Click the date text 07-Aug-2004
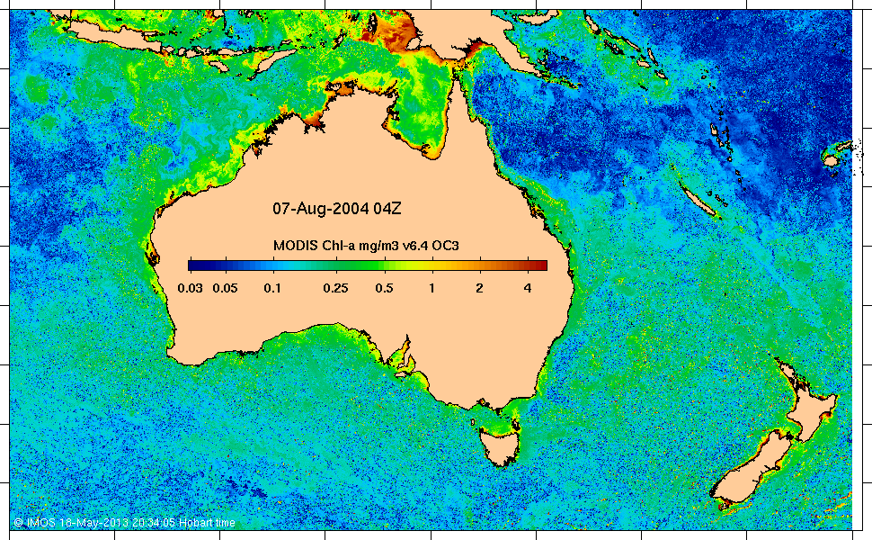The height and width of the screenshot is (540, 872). [316, 209]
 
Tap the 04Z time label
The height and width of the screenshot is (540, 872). [382, 209]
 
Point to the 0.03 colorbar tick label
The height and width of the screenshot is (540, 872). [191, 288]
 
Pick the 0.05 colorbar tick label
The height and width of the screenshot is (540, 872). [225, 288]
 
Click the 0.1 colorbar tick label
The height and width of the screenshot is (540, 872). [272, 288]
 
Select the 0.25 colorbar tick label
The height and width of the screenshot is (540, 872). [335, 288]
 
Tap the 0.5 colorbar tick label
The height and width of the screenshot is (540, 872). [384, 288]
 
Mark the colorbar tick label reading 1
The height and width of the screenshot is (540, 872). [432, 288]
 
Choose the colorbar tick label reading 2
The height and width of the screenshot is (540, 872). [479, 288]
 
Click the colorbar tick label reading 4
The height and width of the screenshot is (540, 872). [527, 288]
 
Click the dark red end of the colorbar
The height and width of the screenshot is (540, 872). [542, 265]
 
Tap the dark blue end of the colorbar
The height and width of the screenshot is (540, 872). [193, 265]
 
